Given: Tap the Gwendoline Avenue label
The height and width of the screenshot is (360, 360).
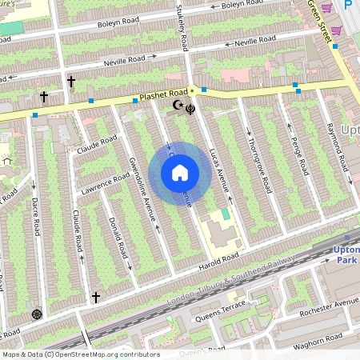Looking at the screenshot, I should click(142, 187).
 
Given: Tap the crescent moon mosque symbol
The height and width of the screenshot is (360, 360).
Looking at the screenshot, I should click(178, 105).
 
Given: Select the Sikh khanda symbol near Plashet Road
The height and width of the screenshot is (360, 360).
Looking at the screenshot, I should click(190, 106).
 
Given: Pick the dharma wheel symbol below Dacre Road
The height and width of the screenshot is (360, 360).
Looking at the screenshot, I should click(36, 313).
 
